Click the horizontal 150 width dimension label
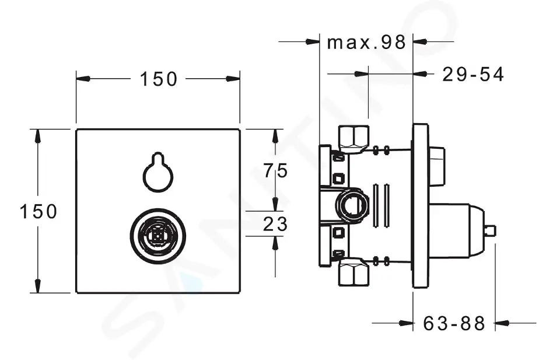(x=157, y=79)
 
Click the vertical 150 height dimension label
(x=38, y=211)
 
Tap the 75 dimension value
(x=275, y=170)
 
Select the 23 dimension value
(x=275, y=224)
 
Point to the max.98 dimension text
(x=366, y=42)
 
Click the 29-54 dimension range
(x=473, y=74)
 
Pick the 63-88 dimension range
(x=455, y=323)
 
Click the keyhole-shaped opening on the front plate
(x=158, y=173)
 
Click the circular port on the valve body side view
(x=352, y=205)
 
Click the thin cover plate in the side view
(x=420, y=205)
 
